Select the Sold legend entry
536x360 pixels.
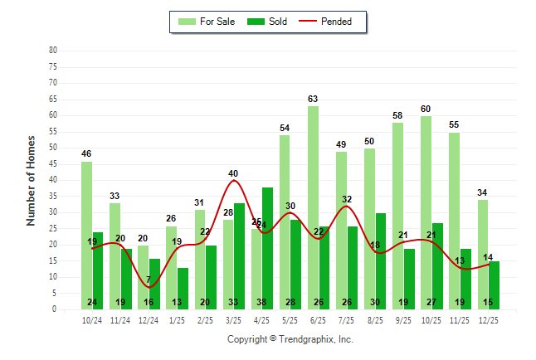[x=269, y=22]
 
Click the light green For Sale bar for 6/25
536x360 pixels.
[x=312, y=207]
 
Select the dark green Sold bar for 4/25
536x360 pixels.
[x=267, y=248]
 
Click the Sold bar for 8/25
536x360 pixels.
[x=380, y=261]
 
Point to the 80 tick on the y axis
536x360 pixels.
[x=52, y=50]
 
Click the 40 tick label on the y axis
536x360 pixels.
[x=52, y=180]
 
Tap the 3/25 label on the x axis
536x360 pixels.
[x=233, y=319]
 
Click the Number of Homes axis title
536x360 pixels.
[x=31, y=180]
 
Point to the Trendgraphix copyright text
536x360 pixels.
[x=290, y=339]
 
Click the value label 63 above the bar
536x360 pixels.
[x=313, y=100]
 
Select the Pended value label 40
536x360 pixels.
[x=233, y=173]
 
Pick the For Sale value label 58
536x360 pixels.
[x=397, y=115]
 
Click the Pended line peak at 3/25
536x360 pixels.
[x=234, y=181]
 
